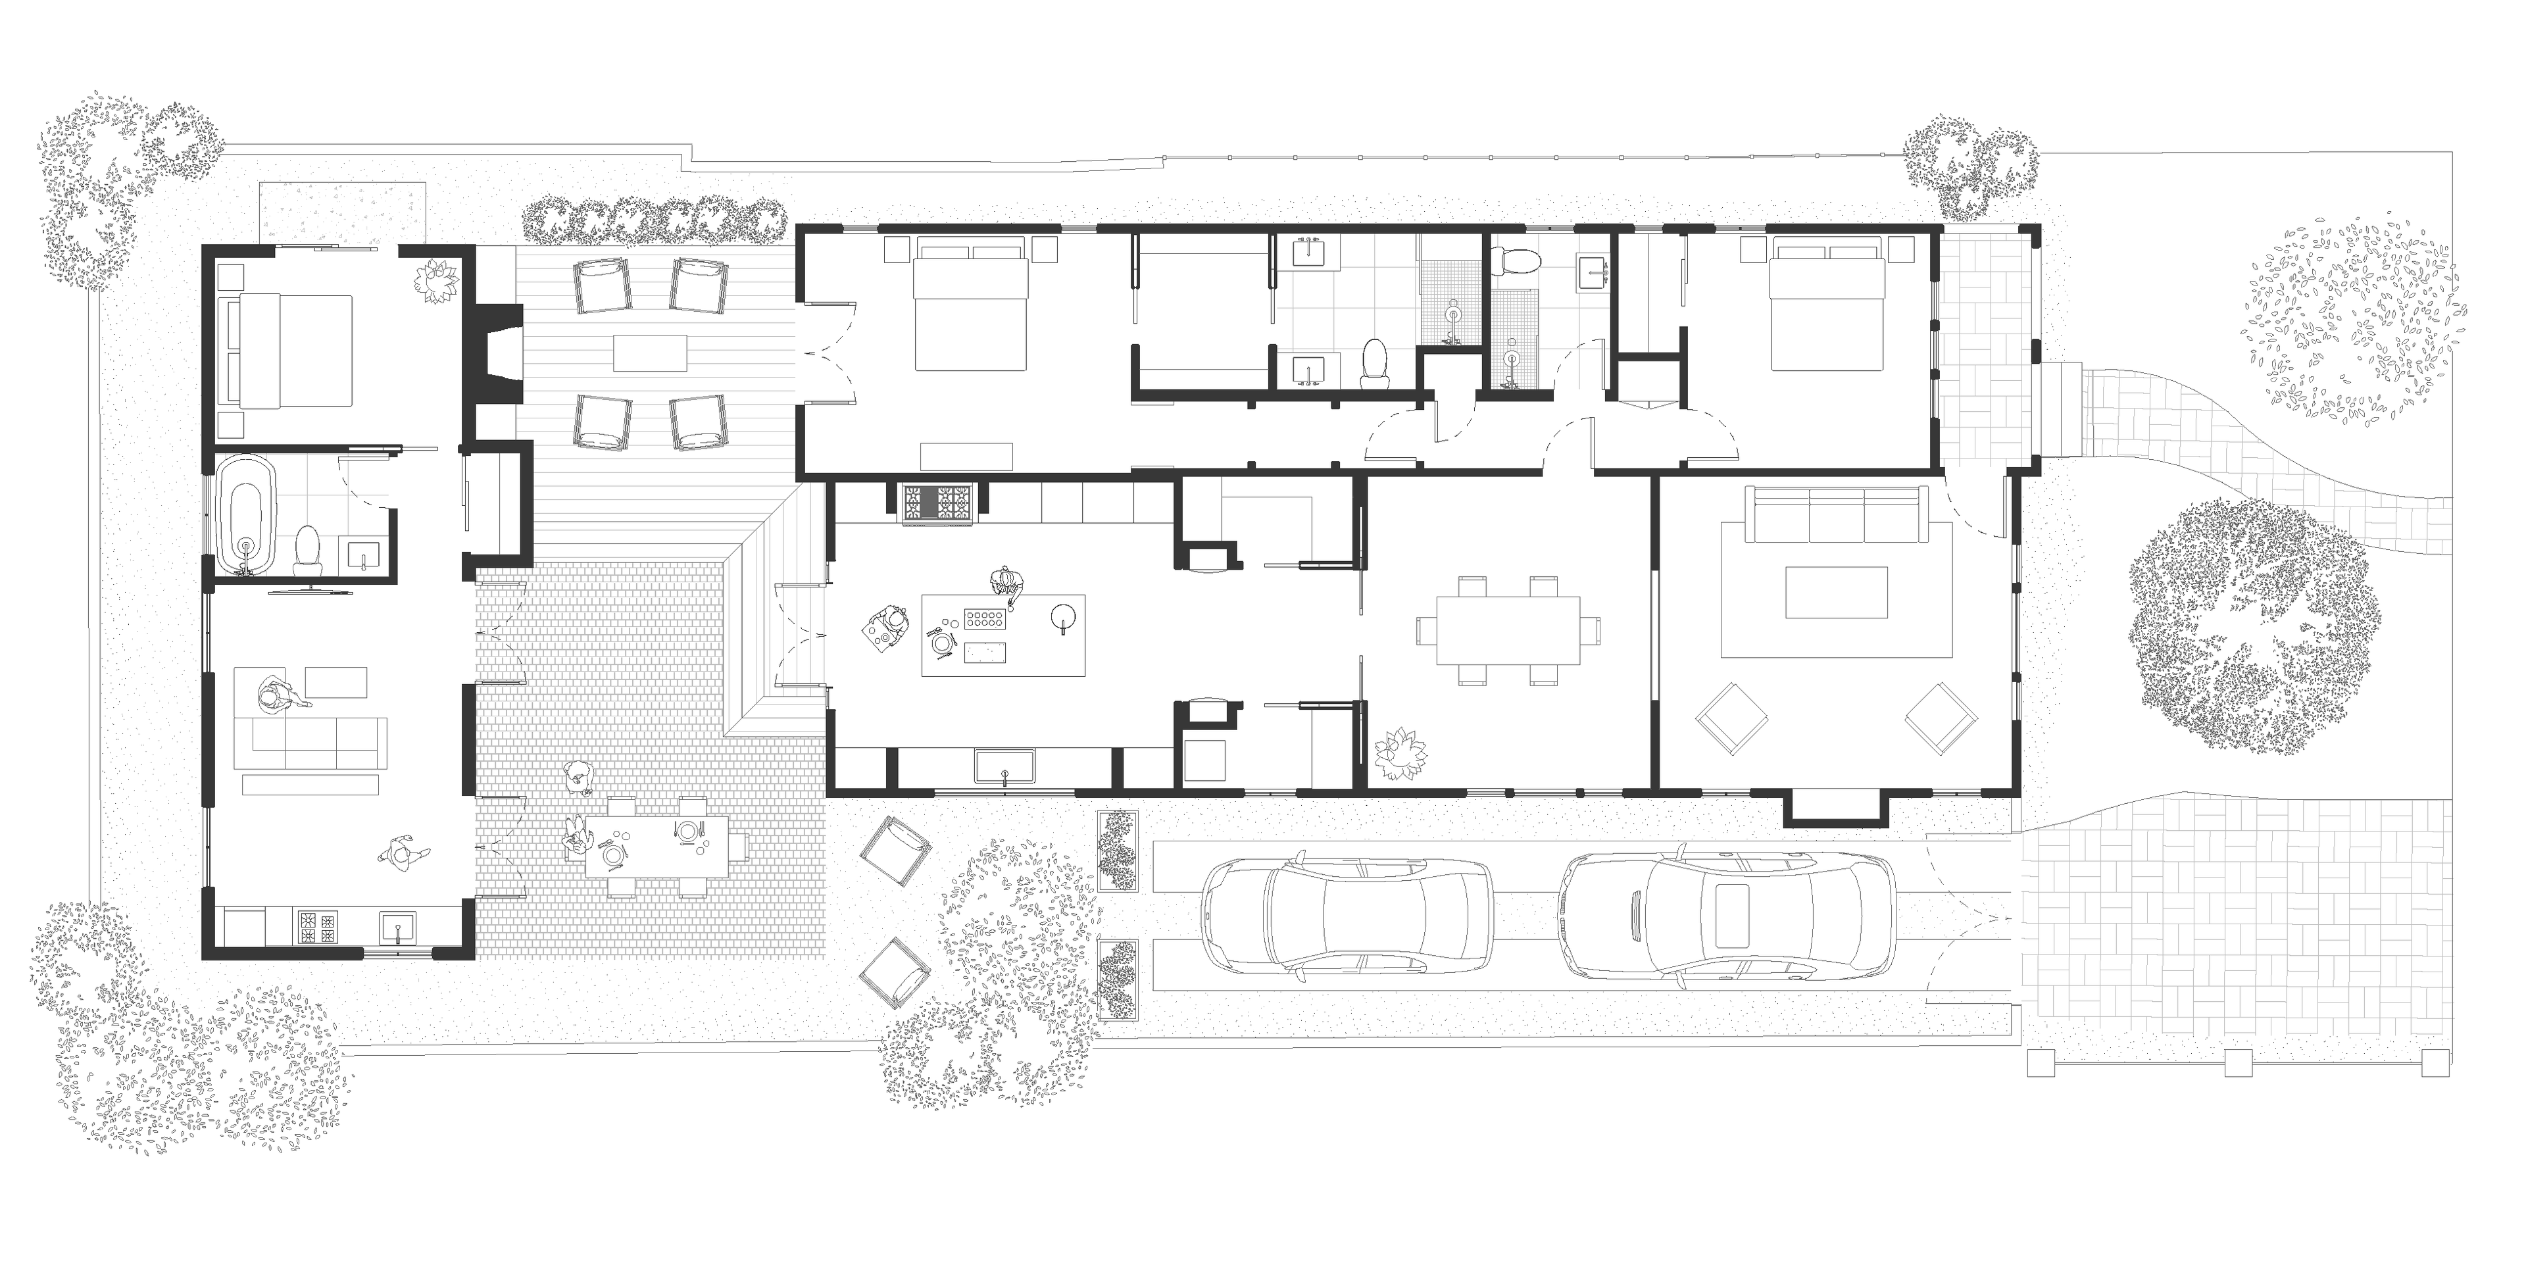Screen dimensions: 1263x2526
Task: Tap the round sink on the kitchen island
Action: pos(1063,616)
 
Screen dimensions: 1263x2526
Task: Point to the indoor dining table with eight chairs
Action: pos(1508,631)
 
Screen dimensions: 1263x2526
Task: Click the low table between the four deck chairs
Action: pos(649,353)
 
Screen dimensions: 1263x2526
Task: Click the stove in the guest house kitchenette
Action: pos(316,927)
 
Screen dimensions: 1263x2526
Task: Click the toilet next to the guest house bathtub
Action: pos(309,548)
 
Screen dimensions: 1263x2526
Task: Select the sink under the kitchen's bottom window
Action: pos(1006,767)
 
